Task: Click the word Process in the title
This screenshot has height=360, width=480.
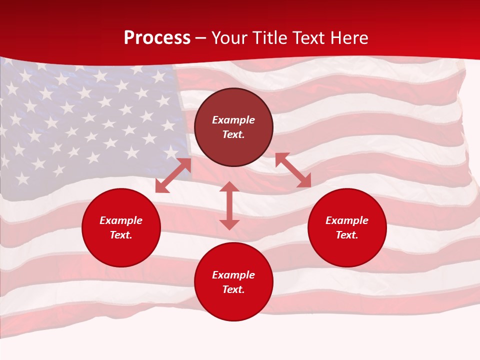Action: (157, 38)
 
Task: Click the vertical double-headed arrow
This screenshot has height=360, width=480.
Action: (229, 205)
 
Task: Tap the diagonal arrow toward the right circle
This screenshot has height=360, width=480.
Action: (293, 170)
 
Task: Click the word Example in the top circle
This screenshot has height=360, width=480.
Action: (233, 120)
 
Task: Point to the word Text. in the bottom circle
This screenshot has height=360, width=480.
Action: (233, 289)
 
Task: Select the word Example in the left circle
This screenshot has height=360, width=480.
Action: (121, 220)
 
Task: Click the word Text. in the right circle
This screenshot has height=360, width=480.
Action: (347, 235)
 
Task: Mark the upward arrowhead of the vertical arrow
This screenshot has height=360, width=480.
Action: (229, 187)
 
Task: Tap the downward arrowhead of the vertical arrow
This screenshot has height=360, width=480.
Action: (229, 224)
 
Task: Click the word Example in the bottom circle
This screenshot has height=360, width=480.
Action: (233, 275)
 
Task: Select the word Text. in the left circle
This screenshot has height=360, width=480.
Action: (121, 235)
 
